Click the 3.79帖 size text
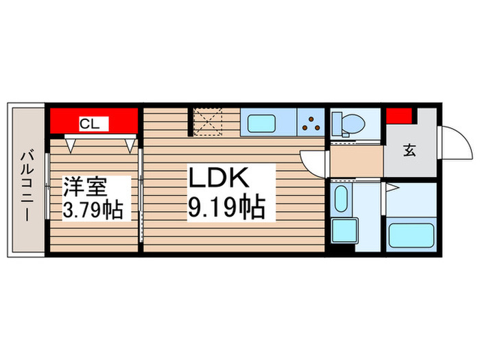(93, 209)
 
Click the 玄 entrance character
(409, 151)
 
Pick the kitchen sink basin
(261, 124)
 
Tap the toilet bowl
(348, 124)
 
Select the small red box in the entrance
(398, 116)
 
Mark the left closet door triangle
(71, 143)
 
